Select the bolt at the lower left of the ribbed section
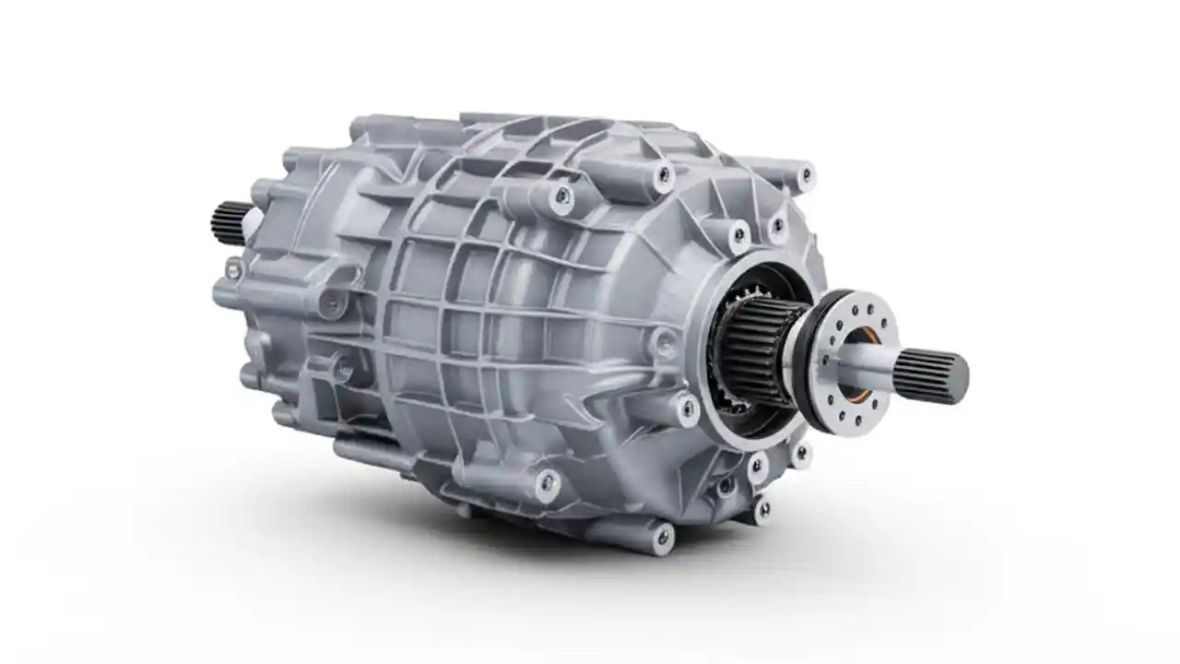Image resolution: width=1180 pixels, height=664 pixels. pyautogui.click(x=548, y=483)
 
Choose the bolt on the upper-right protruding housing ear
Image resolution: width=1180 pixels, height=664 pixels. pyautogui.click(x=806, y=173)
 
